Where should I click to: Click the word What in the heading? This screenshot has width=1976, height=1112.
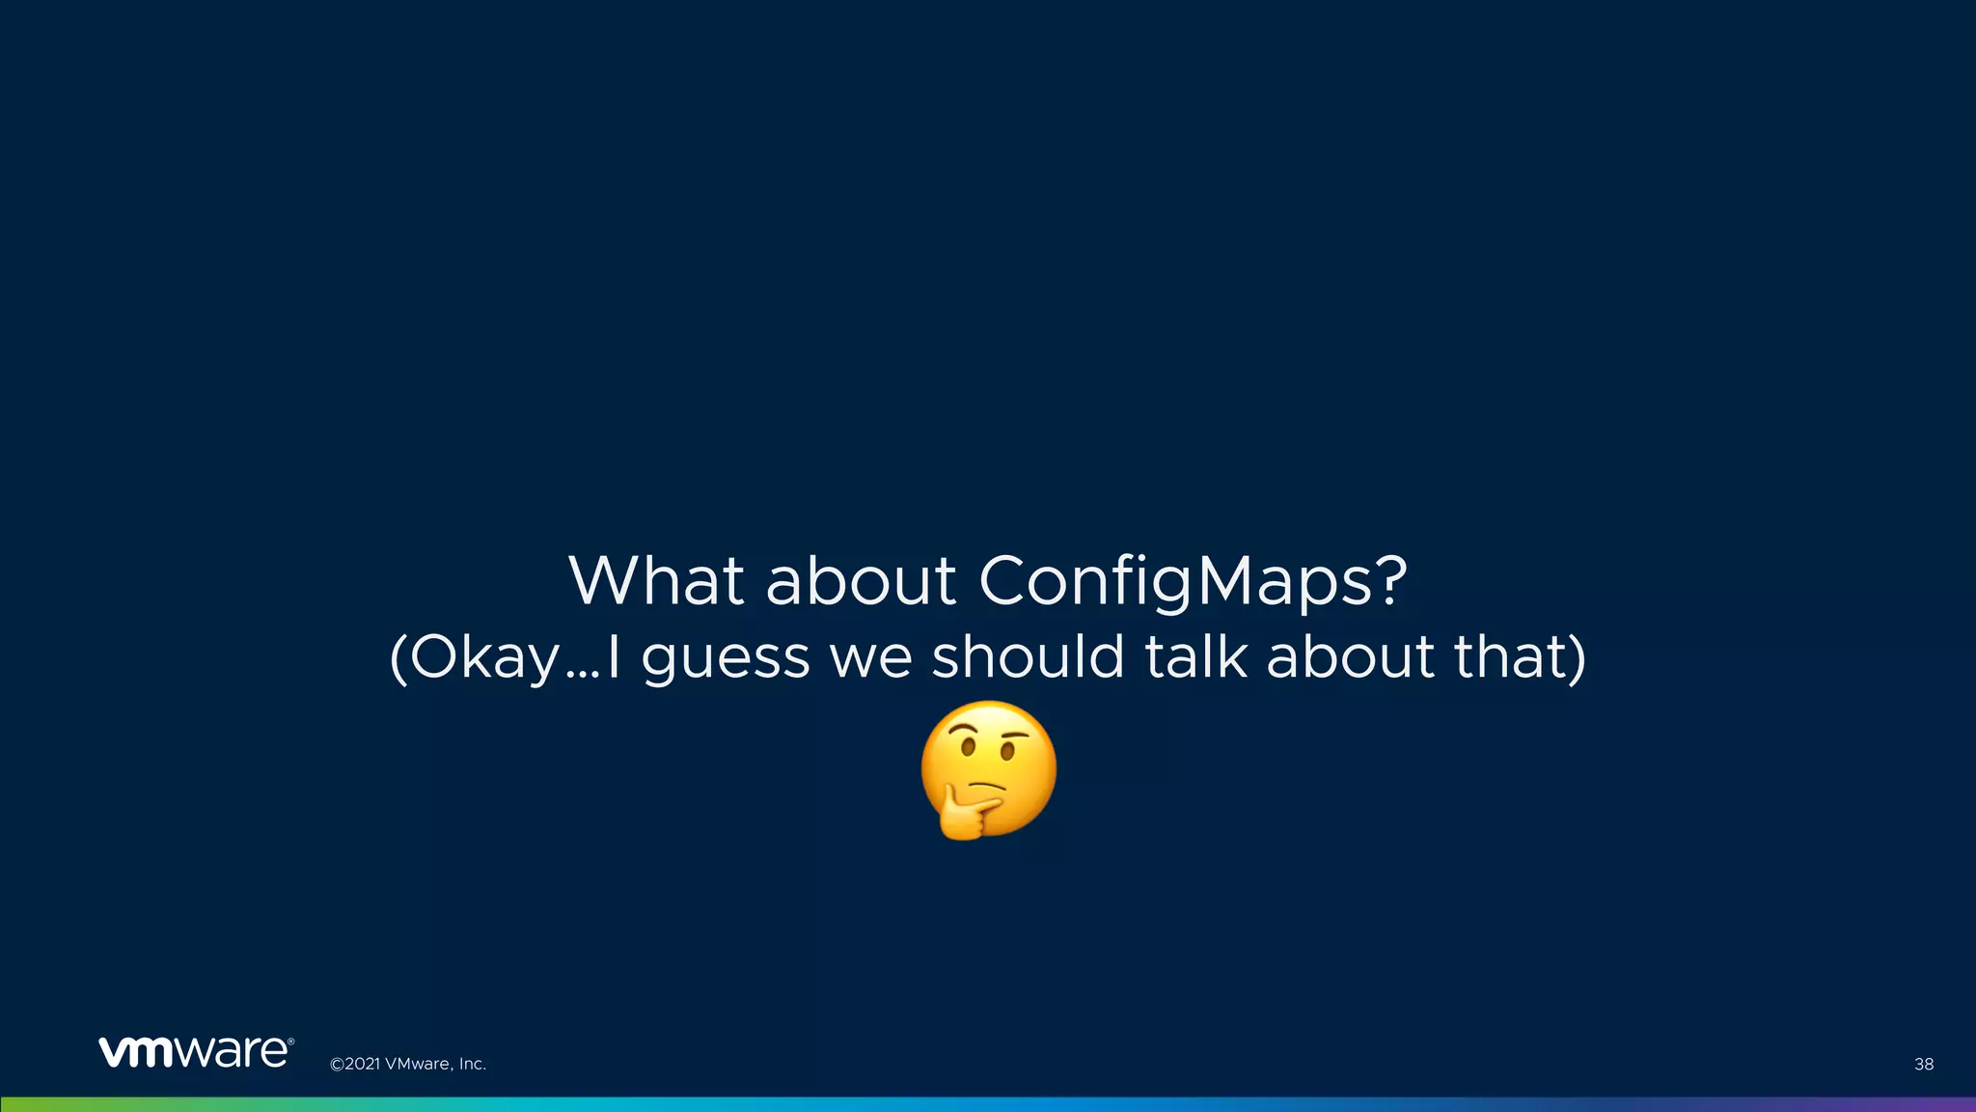click(x=656, y=581)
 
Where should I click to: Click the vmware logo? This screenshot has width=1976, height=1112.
click(x=196, y=1052)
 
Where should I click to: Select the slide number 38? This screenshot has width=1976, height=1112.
click(x=1923, y=1064)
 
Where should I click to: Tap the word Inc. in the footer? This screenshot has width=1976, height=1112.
click(x=472, y=1064)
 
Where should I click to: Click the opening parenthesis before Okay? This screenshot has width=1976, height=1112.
click(x=398, y=658)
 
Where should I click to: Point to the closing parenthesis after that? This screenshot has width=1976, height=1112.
click(x=1578, y=658)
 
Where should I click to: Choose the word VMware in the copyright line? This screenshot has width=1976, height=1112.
click(x=417, y=1064)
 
